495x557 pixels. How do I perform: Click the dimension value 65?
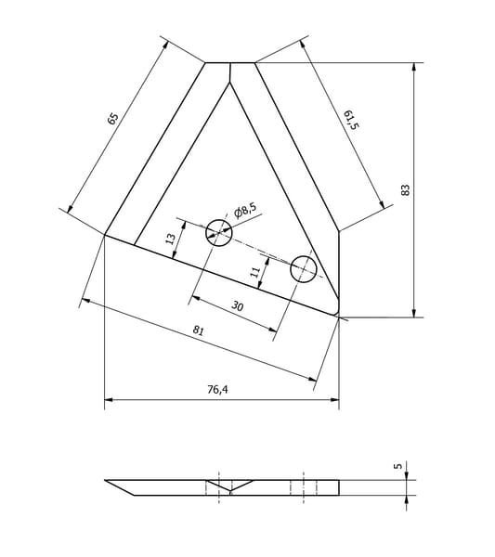(112, 118)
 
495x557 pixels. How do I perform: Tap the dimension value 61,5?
(351, 120)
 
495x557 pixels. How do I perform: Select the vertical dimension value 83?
(405, 190)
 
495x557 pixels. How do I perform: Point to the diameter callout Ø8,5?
(245, 211)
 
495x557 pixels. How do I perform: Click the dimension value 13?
(171, 240)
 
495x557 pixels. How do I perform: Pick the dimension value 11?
(255, 272)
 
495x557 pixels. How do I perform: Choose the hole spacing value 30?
(238, 305)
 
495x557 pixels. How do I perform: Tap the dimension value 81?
(199, 330)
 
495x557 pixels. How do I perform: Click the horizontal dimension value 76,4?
(218, 390)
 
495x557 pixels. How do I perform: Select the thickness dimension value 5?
(398, 465)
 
